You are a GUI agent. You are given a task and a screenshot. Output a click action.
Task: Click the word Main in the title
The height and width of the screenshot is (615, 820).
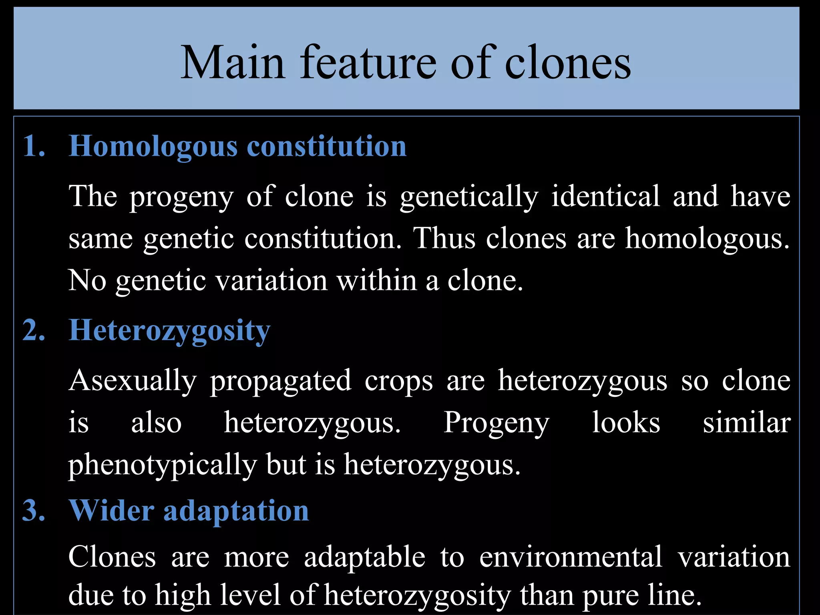(233, 63)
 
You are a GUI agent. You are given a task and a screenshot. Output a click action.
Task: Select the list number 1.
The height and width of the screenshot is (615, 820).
(34, 146)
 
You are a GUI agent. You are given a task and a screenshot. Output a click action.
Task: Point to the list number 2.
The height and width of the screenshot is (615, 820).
(34, 330)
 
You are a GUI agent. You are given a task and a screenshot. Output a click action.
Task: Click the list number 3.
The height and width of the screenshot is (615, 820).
(34, 510)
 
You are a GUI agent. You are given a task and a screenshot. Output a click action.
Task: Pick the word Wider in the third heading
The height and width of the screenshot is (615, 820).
(111, 510)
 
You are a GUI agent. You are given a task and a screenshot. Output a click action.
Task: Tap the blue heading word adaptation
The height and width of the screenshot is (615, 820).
(236, 511)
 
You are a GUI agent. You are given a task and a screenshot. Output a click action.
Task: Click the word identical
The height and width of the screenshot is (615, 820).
(605, 196)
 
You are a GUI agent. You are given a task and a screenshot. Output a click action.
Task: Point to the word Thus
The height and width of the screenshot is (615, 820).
(444, 238)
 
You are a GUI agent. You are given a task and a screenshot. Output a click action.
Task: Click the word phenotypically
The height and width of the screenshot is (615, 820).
(163, 465)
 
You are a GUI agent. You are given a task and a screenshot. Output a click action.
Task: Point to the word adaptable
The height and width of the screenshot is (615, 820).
(364, 557)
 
